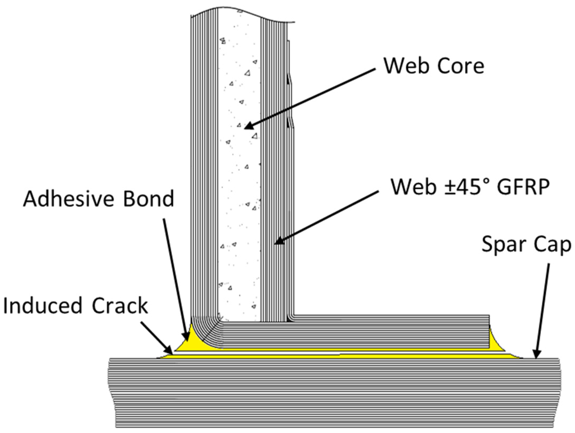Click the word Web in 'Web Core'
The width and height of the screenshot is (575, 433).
tap(405, 66)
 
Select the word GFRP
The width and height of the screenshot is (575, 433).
tap(523, 187)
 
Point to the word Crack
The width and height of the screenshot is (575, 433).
tap(120, 306)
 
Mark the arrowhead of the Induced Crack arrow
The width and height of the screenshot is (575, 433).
tap(169, 351)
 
